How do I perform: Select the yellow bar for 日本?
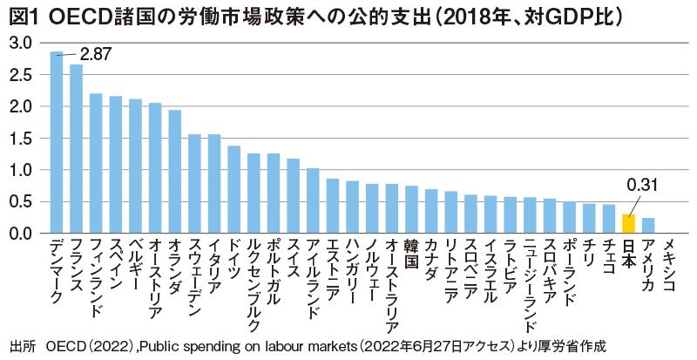click(x=628, y=224)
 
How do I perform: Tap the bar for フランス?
click(x=77, y=148)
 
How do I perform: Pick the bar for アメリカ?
click(x=647, y=226)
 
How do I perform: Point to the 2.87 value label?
click(x=96, y=54)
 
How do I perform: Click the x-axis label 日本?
click(x=628, y=254)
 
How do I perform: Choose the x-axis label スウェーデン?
click(x=194, y=277)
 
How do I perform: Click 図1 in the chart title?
click(x=20, y=15)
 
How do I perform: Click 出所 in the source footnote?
click(x=20, y=346)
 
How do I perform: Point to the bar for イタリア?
click(x=214, y=184)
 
